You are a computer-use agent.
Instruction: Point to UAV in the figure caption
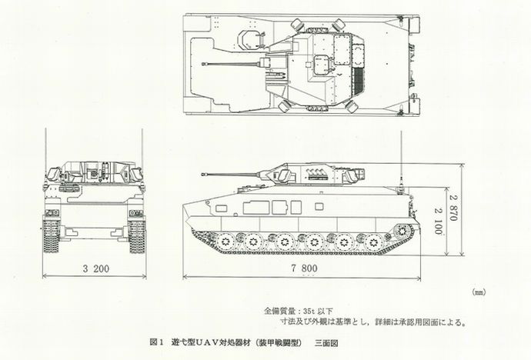pos(210,342)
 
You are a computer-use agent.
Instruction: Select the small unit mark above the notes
pos(476,293)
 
